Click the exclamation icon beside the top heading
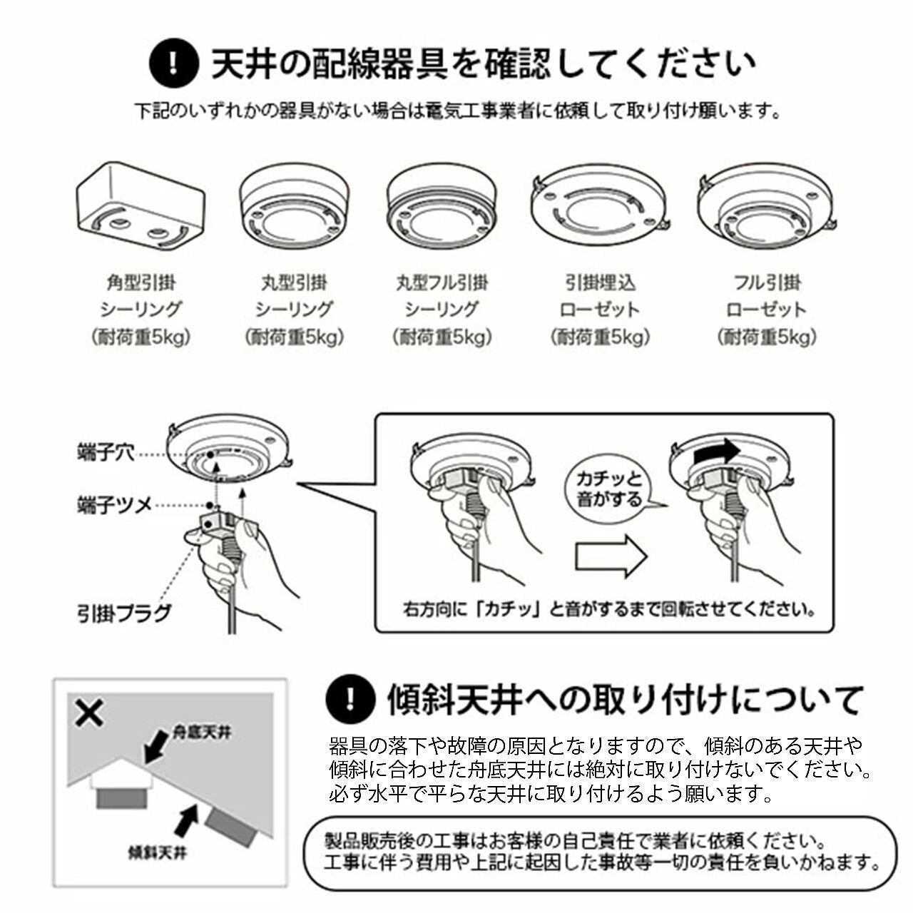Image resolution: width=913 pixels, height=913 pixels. [173, 63]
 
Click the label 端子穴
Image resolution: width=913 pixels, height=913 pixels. [106, 452]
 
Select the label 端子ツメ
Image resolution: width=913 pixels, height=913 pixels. [114, 506]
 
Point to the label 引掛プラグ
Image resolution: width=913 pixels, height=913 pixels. [125, 613]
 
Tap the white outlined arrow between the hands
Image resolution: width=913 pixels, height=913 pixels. [611, 556]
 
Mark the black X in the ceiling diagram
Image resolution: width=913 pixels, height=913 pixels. [89, 713]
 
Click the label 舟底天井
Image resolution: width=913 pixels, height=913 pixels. [202, 733]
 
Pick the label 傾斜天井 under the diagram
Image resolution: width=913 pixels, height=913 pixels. [157, 852]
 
